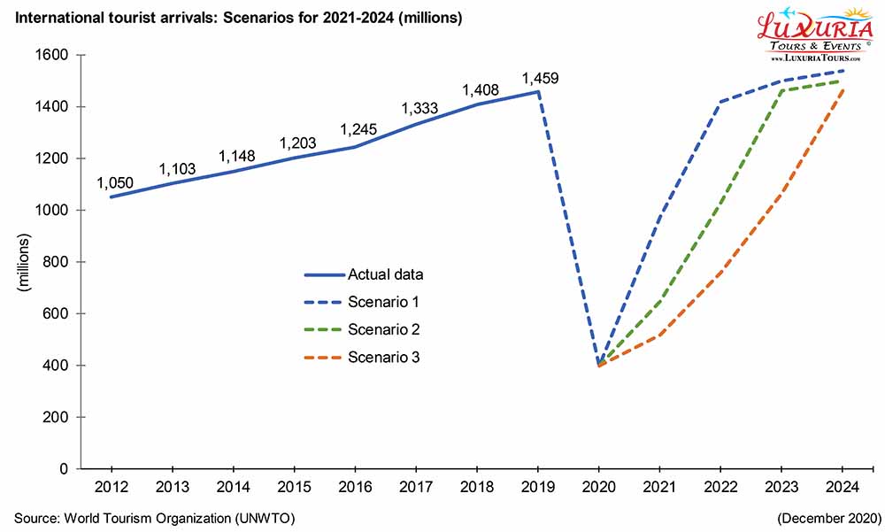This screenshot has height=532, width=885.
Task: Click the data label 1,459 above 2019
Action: pos(539,78)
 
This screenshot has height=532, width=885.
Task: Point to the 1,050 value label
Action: pos(114,183)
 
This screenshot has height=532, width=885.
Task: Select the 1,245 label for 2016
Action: pos(358,130)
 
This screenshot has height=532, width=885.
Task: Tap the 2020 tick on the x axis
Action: pos(599,485)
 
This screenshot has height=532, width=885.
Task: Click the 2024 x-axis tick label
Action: pos(843,485)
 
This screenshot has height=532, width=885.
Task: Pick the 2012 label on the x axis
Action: pos(111,485)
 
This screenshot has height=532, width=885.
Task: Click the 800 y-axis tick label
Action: pos(59,262)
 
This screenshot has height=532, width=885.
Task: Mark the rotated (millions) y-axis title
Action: pos(25,262)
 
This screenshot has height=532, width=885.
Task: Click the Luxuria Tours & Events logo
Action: pos(814,34)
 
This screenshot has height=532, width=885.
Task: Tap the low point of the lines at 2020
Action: pos(599,365)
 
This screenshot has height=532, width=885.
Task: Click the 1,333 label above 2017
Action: pos(420,109)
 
